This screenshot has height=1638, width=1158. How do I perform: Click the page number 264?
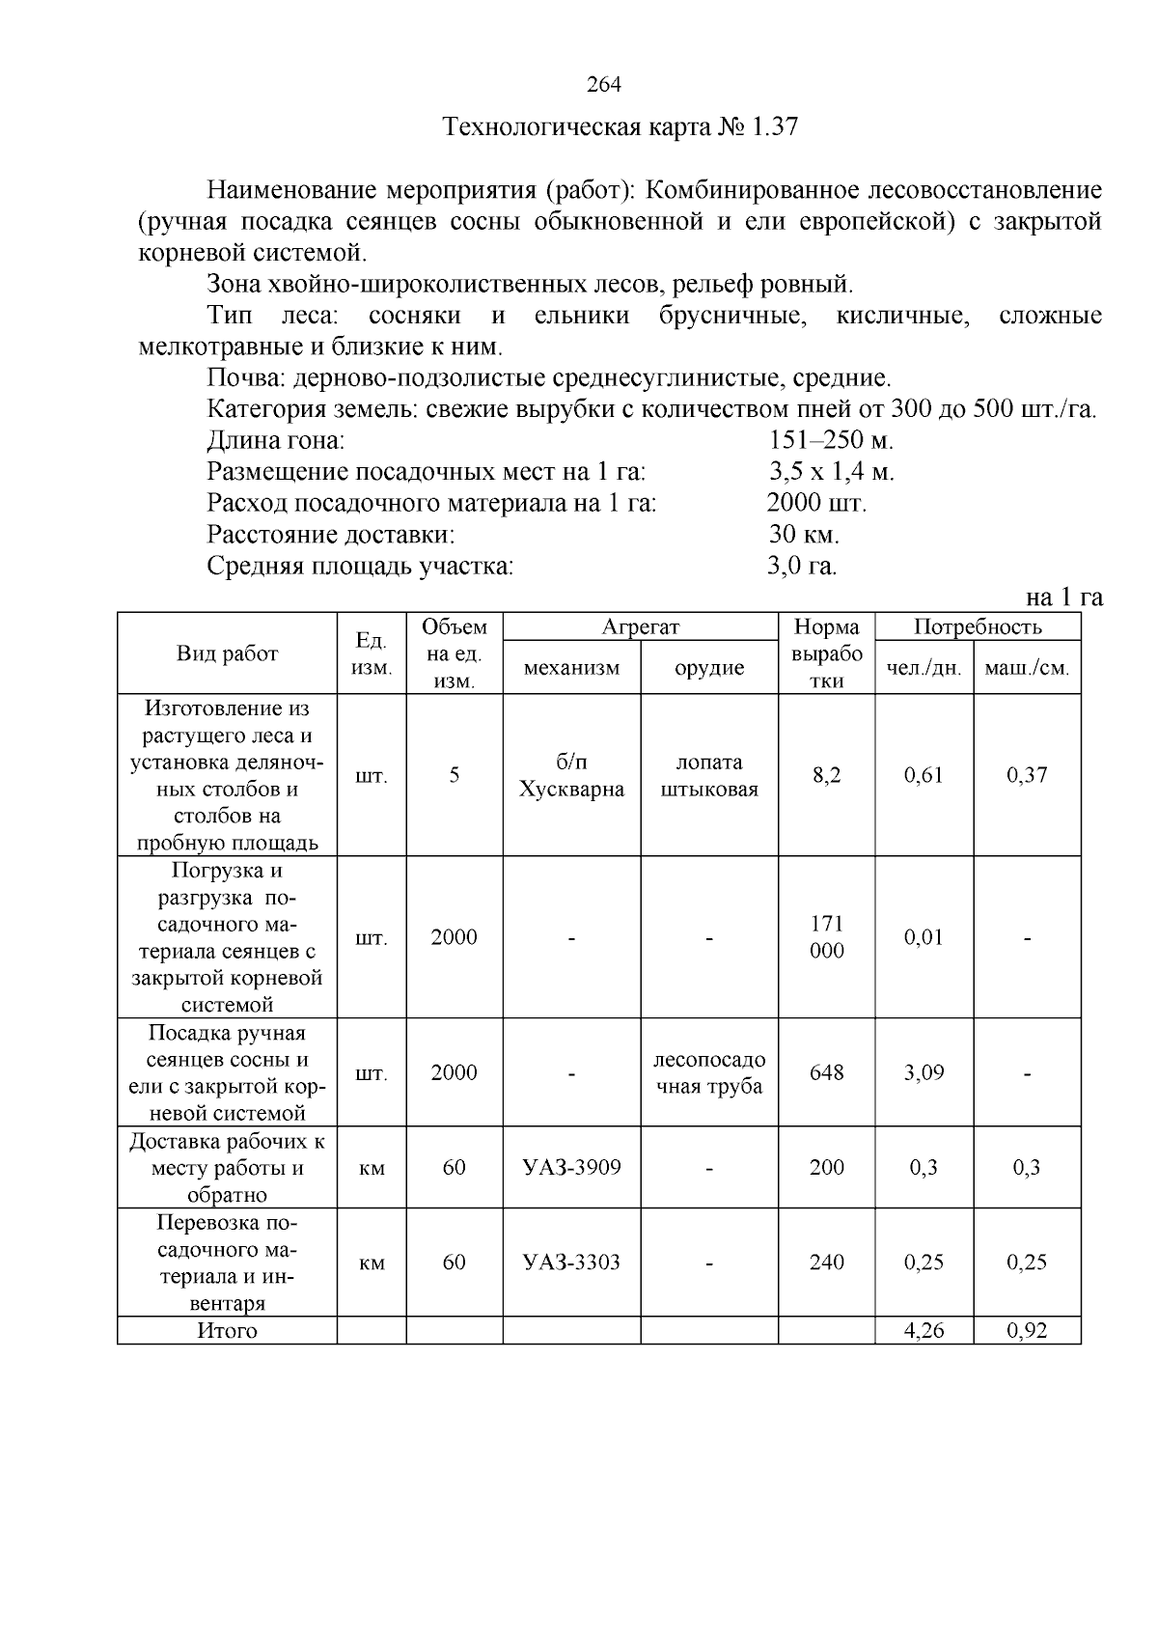pyautogui.click(x=604, y=85)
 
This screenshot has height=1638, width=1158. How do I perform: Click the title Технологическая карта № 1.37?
pyautogui.click(x=620, y=127)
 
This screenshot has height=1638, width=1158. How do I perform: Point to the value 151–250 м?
pyautogui.click(x=831, y=441)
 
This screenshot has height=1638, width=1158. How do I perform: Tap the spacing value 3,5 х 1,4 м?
pyautogui.click(x=831, y=472)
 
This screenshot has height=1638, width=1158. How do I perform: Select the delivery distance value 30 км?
pyautogui.click(x=804, y=534)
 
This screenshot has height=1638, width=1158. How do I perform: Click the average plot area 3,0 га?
pyautogui.click(x=802, y=566)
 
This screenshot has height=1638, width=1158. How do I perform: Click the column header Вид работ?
pyautogui.click(x=227, y=653)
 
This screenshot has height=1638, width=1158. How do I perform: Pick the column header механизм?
pyautogui.click(x=571, y=668)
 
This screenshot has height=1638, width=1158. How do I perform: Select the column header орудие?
pyautogui.click(x=709, y=668)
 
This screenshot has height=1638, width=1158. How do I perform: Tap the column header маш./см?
pyautogui.click(x=1027, y=668)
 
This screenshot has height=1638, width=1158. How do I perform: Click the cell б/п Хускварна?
pyautogui.click(x=571, y=775)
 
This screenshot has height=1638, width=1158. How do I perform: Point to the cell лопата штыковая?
pyautogui.click(x=709, y=775)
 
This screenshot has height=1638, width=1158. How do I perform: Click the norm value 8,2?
pyautogui.click(x=826, y=775)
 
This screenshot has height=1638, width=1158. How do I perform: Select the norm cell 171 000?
pyautogui.click(x=826, y=937)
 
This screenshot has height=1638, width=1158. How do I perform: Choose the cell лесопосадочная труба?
pyautogui.click(x=709, y=1072)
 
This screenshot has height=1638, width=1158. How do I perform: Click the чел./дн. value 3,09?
pyautogui.click(x=924, y=1072)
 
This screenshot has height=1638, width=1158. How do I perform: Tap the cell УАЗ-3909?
pyautogui.click(x=571, y=1167)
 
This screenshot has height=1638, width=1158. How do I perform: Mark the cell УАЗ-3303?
pyautogui.click(x=571, y=1263)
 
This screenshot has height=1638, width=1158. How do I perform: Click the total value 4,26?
pyautogui.click(x=924, y=1331)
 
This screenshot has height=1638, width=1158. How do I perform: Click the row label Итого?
pyautogui.click(x=227, y=1331)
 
